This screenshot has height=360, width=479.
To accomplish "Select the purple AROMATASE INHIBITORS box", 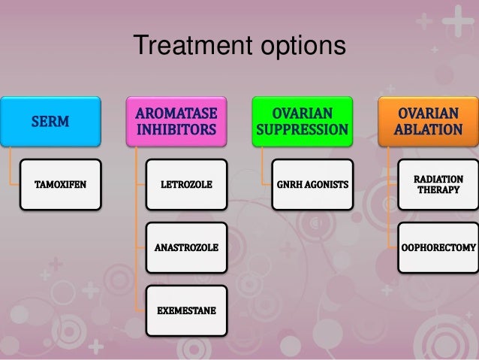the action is point(176,122).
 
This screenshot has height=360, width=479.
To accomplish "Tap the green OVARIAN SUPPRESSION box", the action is point(302,122).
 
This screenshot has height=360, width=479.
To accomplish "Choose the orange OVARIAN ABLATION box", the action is point(428,122).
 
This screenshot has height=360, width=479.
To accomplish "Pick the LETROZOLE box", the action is point(187,183).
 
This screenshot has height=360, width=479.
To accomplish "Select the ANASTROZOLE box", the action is point(187,247).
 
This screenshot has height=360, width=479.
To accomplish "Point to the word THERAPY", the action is point(439,190).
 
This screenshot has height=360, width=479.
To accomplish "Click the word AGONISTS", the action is point(326,183).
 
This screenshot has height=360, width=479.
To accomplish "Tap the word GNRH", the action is point(289,183).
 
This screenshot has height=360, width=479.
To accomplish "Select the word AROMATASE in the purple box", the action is point(176,113).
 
